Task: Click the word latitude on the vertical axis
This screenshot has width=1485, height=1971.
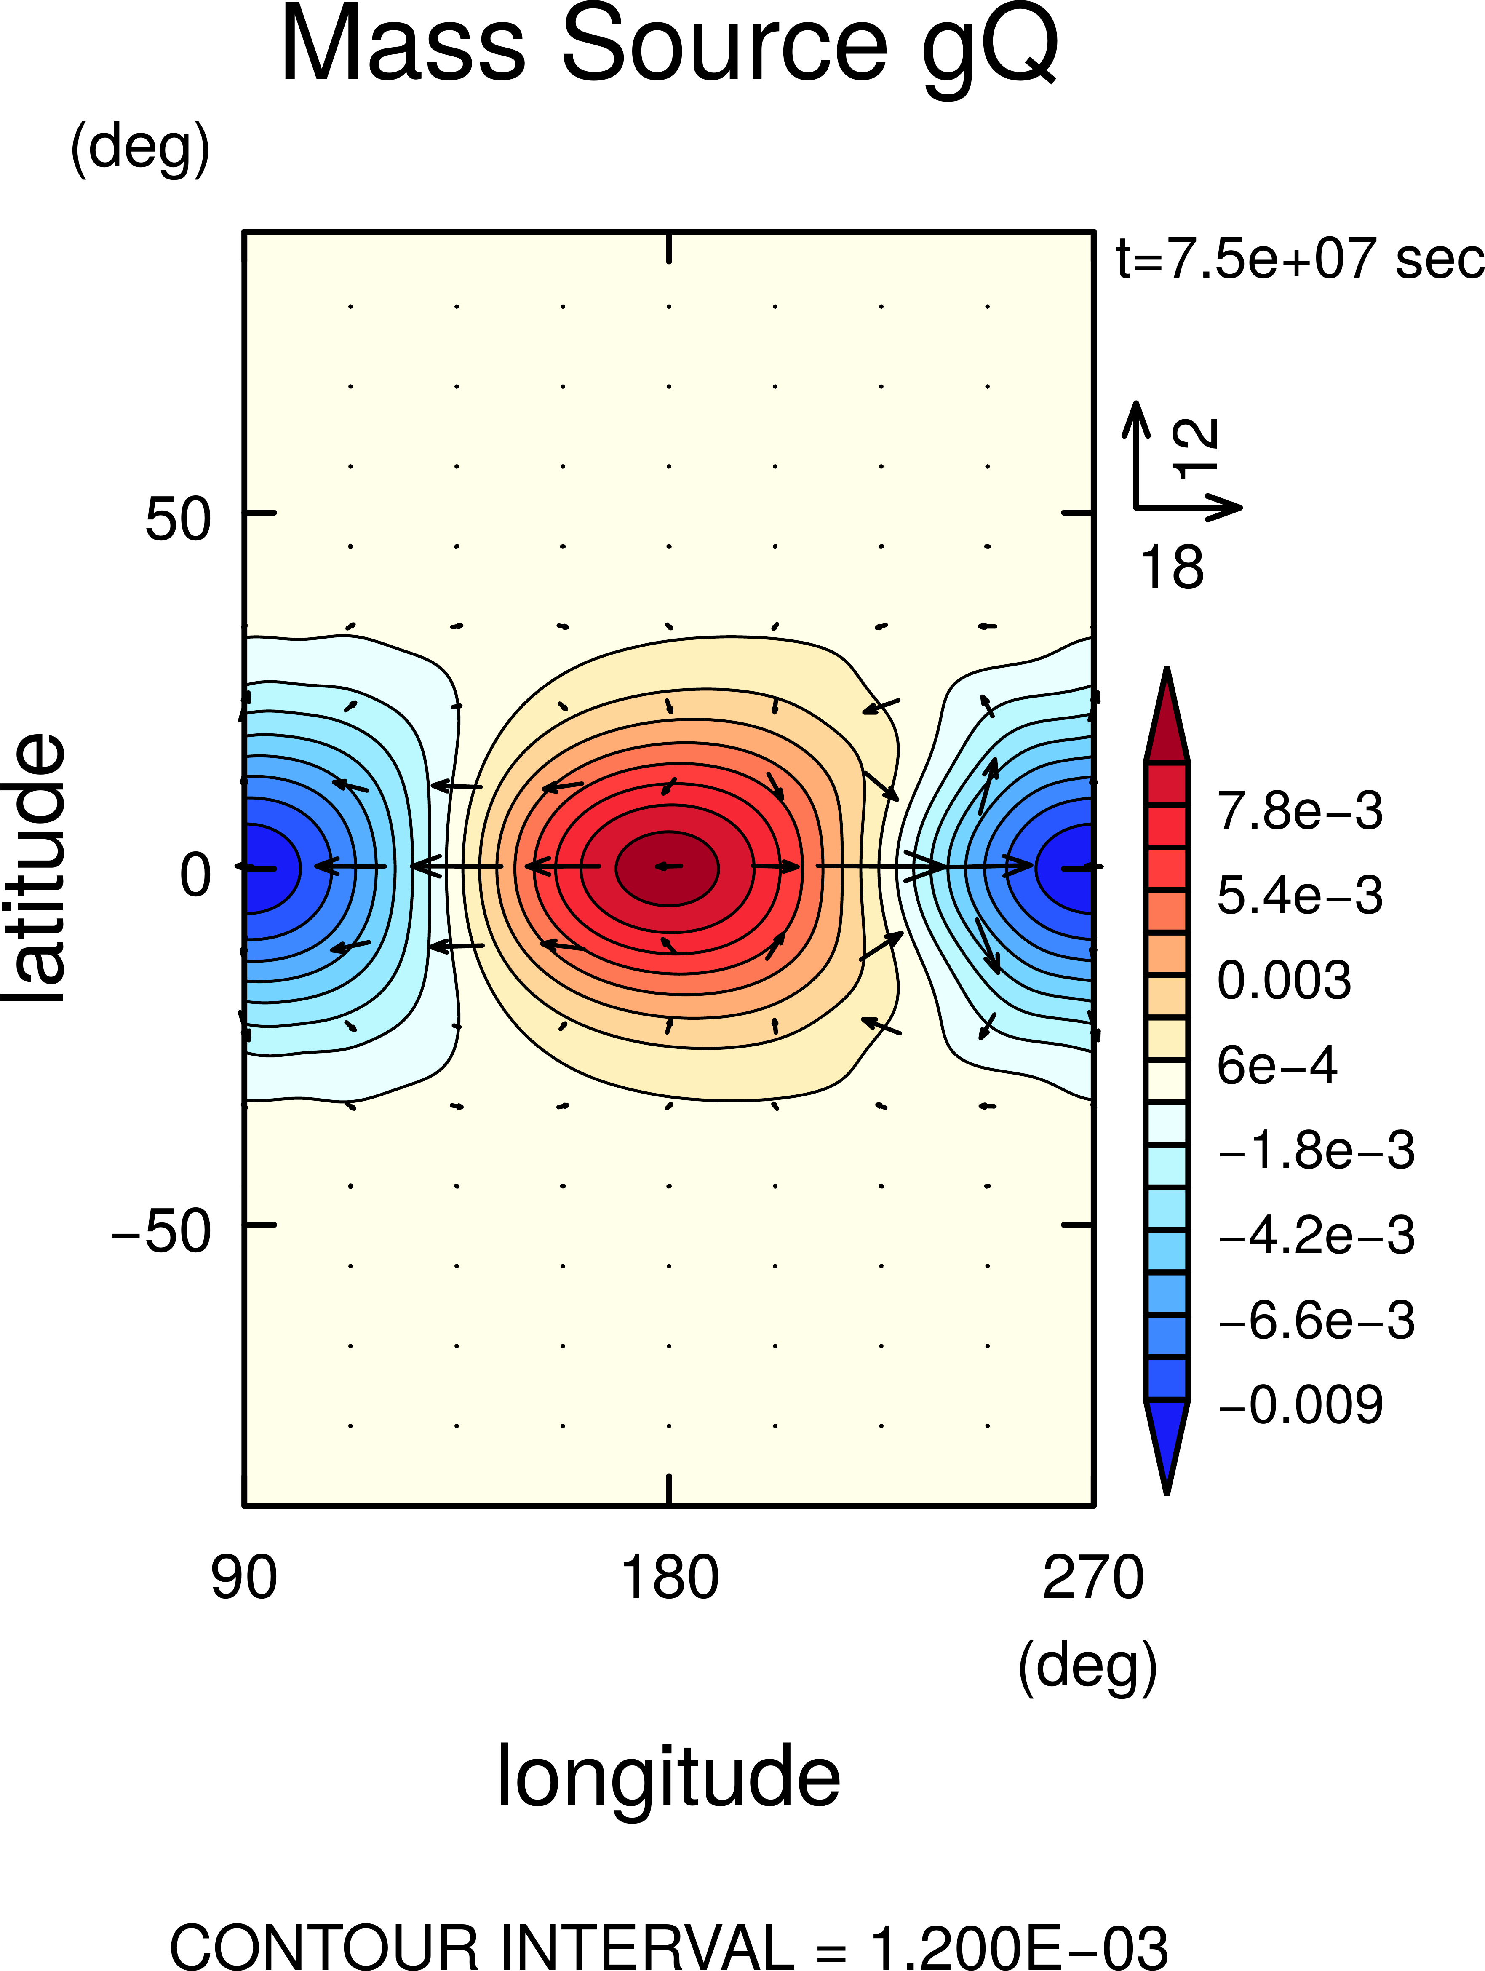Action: (36, 869)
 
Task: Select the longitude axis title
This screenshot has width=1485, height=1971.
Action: (668, 1778)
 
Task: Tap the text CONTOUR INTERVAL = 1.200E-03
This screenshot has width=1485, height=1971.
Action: (668, 1947)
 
